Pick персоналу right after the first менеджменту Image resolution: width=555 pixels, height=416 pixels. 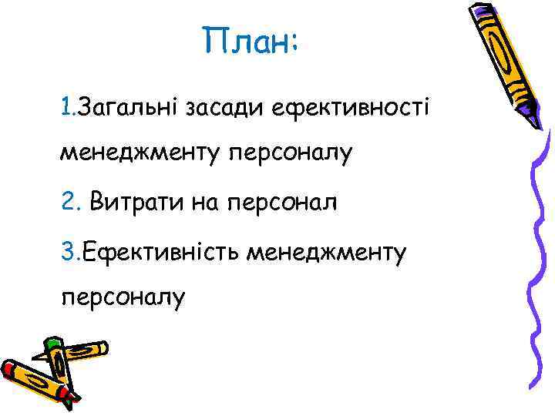tap(289, 154)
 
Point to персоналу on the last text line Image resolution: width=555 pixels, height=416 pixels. tap(123, 299)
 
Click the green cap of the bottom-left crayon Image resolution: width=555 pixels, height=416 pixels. tap(52, 344)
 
